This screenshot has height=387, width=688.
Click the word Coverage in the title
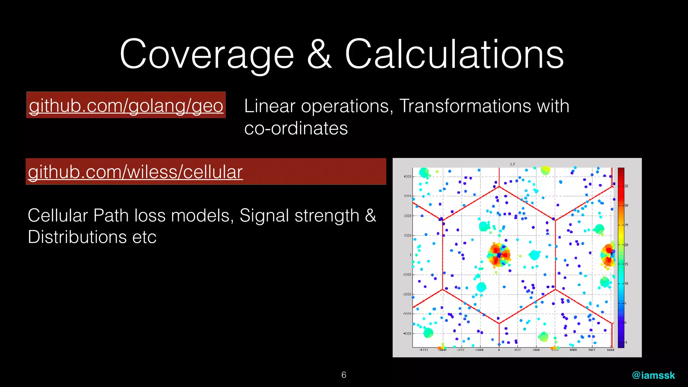coord(207,54)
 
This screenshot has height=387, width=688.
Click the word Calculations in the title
coord(454,54)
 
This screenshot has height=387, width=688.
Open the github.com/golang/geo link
coord(126,105)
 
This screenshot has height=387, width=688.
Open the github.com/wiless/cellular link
coord(135,172)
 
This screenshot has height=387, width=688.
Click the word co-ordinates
coord(296,128)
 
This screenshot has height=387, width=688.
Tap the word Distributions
coord(77,237)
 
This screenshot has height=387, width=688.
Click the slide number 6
coord(344,375)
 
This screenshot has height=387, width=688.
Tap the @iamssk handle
coord(653,375)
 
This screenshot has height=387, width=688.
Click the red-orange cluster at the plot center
coord(499,255)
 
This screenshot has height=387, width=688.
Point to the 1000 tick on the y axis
coord(407,235)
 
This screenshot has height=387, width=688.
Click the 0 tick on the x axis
coord(499,350)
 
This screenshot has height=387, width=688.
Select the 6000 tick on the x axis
coord(610,350)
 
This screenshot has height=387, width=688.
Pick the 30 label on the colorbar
coord(626,205)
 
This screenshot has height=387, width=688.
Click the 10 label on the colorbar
coord(626,284)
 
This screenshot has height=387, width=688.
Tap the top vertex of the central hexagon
coord(499,186)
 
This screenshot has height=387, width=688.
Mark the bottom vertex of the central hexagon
coord(499,323)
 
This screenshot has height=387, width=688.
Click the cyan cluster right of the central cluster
coord(534,255)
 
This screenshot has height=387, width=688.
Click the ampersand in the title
coord(319,54)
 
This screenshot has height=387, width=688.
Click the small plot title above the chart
coord(512,164)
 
